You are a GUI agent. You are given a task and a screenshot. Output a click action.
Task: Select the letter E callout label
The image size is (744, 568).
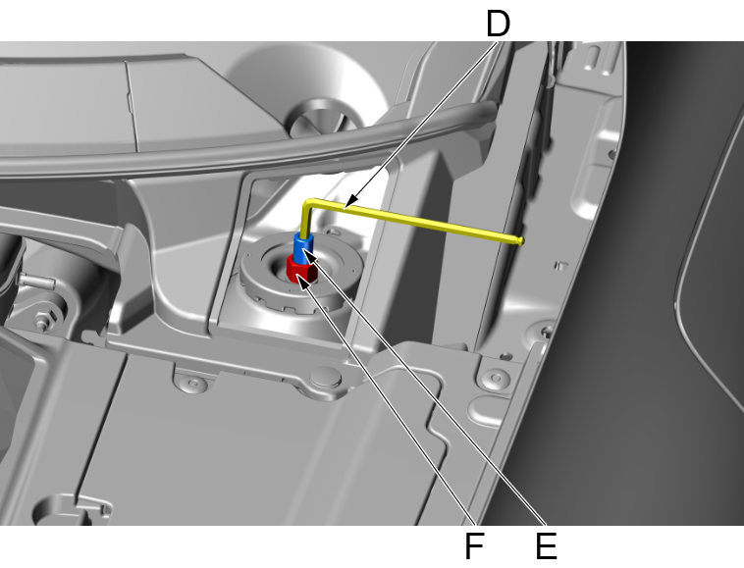tap(546, 545)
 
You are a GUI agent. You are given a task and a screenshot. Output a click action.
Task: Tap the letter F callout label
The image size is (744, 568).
tap(474, 545)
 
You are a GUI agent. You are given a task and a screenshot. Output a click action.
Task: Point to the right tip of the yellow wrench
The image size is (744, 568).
tap(520, 238)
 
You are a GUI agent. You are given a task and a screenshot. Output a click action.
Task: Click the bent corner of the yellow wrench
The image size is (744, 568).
tap(308, 203)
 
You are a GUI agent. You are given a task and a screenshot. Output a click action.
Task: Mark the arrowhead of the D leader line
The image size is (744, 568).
tap(349, 202)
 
